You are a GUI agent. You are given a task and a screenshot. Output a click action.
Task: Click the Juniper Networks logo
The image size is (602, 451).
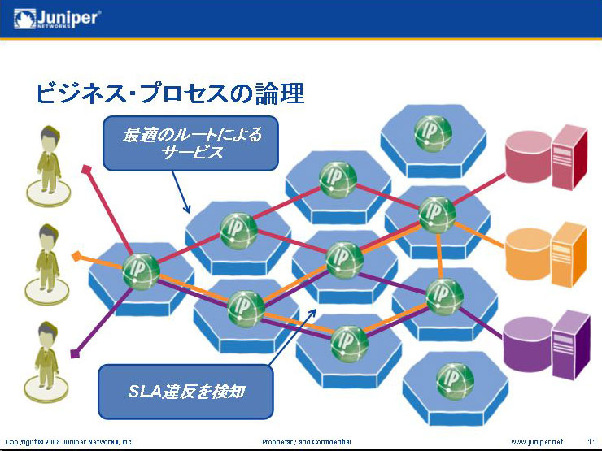(58, 19)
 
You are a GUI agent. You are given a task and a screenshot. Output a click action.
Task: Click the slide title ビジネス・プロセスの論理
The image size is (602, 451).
(170, 94)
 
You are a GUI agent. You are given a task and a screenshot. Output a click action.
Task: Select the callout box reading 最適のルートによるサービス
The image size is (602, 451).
(190, 143)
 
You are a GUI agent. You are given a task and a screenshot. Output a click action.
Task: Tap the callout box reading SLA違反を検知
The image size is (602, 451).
(185, 392)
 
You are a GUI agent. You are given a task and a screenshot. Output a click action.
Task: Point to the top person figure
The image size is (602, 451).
(49, 166)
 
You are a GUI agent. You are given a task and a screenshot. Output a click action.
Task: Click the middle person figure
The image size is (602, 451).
(48, 264)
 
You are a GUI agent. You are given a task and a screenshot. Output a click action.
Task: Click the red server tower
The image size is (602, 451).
(570, 157)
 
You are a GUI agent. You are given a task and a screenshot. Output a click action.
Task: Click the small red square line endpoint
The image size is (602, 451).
(87, 169)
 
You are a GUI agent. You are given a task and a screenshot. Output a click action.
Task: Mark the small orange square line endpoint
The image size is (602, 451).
(76, 256)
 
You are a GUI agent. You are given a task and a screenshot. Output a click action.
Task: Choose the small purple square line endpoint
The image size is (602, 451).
(75, 353)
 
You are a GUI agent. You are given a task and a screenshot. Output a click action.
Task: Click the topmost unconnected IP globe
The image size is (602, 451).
(433, 133)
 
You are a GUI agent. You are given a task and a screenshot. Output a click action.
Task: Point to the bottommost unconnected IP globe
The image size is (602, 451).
(455, 382)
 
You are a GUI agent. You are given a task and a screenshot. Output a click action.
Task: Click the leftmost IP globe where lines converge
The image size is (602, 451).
(142, 271)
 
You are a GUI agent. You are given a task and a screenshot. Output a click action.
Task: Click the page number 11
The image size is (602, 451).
(591, 442)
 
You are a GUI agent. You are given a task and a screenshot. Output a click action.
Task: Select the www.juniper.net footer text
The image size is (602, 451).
(537, 442)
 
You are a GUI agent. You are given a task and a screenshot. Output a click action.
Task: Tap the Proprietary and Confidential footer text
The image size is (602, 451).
(307, 442)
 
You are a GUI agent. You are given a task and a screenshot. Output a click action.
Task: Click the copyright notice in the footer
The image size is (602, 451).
(69, 442)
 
